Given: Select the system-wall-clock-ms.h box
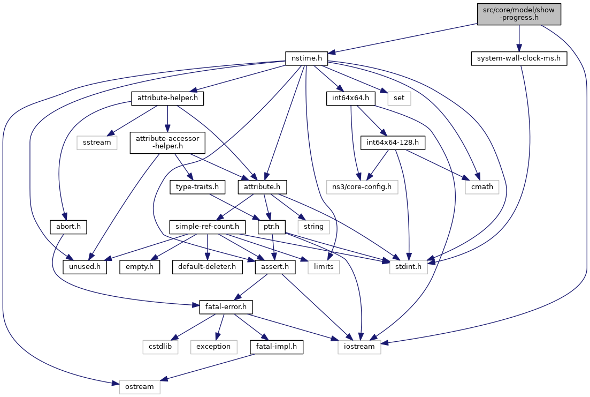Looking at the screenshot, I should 518,58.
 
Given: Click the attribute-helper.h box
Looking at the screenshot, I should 168,99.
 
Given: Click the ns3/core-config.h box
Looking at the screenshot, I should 362,187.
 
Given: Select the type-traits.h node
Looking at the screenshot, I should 197,187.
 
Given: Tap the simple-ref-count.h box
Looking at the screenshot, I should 206,226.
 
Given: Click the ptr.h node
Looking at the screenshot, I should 271,226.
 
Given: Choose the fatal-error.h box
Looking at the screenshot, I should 225,307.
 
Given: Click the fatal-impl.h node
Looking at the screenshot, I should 277,347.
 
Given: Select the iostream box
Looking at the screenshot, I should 359,347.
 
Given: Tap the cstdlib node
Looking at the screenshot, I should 160,347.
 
